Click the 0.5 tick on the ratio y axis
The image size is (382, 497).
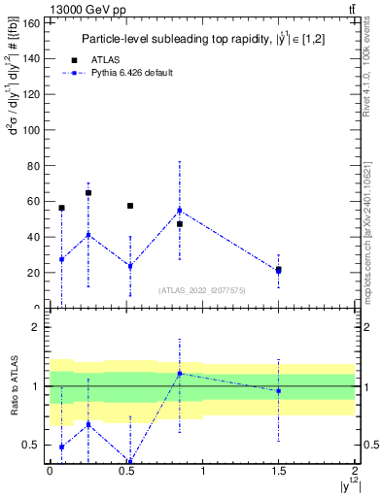pos(30,445)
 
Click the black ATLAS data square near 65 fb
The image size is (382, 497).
pos(88,192)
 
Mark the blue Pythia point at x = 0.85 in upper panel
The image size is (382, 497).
pos(179,211)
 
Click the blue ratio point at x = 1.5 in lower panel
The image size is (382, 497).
pos(279,391)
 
